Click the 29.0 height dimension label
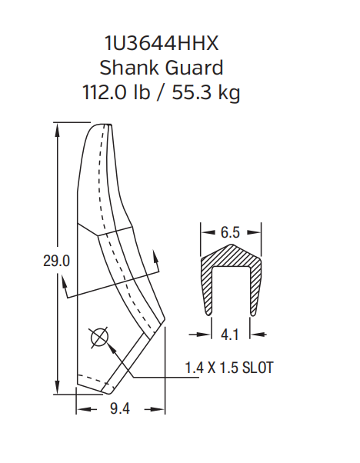(x=56, y=261)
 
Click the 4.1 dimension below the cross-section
(x=230, y=335)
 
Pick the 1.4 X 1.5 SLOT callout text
(x=229, y=367)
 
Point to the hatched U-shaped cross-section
(x=231, y=261)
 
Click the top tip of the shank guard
(x=107, y=125)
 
